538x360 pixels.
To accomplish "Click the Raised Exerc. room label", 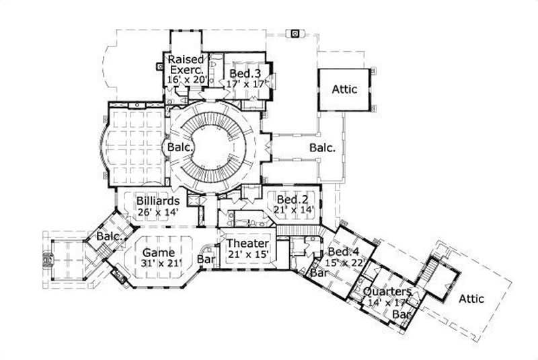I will [186, 64].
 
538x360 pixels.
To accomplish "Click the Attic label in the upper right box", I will [344, 89].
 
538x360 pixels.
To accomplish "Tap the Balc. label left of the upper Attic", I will [321, 147].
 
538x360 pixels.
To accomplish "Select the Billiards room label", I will [157, 201].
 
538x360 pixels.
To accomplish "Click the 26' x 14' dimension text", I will [157, 211].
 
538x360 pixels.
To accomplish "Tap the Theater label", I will [248, 244].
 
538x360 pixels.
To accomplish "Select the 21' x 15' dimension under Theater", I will [248, 254].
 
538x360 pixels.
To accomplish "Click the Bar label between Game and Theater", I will [206, 258].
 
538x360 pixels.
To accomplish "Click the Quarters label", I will [387, 292].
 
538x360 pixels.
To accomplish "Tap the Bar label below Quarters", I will [401, 314].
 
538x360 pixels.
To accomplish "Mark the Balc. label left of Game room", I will [109, 237].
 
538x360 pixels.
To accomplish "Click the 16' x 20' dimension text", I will [186, 79].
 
